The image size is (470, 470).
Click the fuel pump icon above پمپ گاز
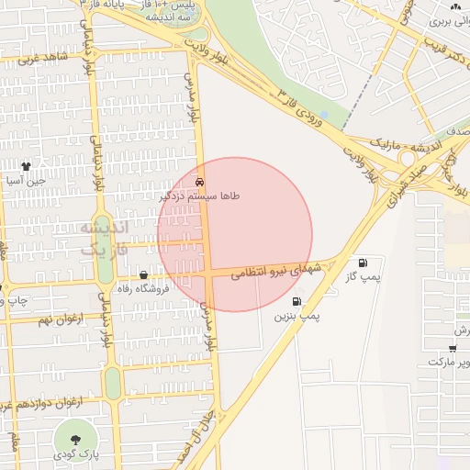[x=363, y=263]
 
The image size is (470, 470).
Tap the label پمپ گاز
[x=363, y=276]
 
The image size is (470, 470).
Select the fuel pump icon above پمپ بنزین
[x=297, y=301]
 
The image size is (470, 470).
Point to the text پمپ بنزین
[x=297, y=316]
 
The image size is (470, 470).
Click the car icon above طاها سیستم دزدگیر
[x=200, y=182]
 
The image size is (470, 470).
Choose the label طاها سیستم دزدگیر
[x=200, y=196]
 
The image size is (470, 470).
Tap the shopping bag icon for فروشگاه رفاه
[x=143, y=275]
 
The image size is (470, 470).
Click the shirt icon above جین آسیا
[x=25, y=167]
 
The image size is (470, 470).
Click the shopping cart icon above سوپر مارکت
[x=453, y=348]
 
